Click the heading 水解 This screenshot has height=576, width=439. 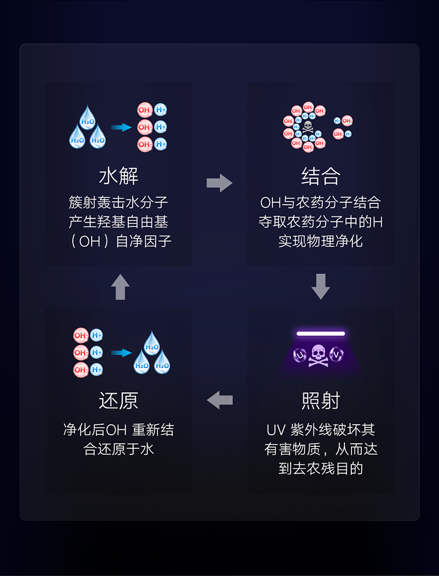click(118, 176)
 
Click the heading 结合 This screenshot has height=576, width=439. click(321, 176)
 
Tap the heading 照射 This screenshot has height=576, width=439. click(321, 400)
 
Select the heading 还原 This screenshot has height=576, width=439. click(118, 400)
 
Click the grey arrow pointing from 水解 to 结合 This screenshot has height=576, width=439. click(219, 182)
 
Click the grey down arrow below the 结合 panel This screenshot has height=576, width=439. click(321, 286)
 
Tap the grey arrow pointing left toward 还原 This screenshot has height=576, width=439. click(219, 399)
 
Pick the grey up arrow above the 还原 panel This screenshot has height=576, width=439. click(120, 287)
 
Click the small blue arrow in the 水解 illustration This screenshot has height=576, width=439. click(121, 127)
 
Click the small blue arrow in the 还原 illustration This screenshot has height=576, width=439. click(121, 352)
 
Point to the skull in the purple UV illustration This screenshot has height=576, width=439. click(318, 354)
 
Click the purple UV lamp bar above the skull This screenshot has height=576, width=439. click(321, 334)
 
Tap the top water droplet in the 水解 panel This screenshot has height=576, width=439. click(88, 118)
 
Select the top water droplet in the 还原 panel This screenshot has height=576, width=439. click(152, 344)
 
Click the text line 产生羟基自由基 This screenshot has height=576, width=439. click(118, 222)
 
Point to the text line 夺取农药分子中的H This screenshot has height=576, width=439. click(321, 222)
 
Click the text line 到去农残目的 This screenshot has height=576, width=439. click(321, 468)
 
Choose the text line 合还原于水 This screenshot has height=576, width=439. click(118, 449)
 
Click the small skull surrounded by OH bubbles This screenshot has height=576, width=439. click(308, 127)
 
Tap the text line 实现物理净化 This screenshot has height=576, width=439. click(321, 241)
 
